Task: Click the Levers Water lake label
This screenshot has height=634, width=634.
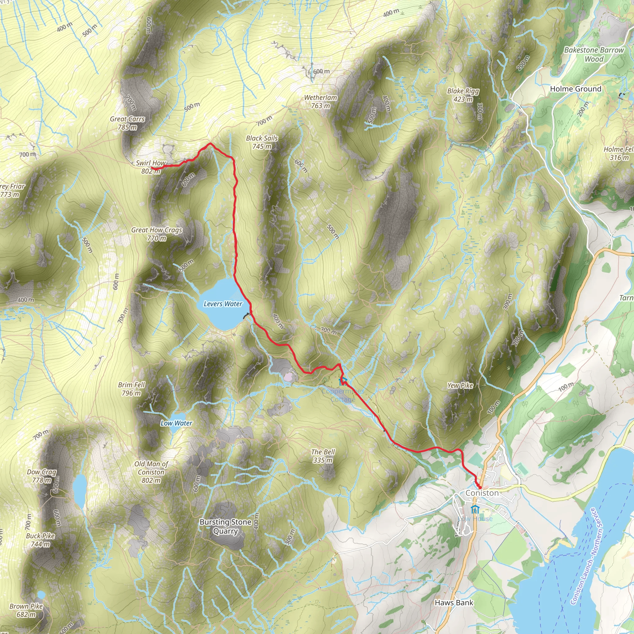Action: (223, 304)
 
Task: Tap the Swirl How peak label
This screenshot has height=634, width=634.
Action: (151, 167)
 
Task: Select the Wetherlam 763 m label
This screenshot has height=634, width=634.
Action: (320, 102)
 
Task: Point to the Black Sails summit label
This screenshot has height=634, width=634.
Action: (262, 142)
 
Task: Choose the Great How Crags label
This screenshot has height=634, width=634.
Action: (157, 234)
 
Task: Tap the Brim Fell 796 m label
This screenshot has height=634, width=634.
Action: (131, 389)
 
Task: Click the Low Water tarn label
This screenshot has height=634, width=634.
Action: (176, 423)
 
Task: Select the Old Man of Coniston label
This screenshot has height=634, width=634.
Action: (151, 472)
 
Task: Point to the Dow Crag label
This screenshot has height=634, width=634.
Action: (42, 476)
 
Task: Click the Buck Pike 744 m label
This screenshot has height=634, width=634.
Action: (40, 540)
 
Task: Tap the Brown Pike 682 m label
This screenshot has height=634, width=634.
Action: (26, 610)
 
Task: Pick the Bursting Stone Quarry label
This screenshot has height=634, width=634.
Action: (225, 526)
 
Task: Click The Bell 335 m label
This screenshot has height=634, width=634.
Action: (323, 456)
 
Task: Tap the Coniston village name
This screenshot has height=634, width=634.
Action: (482, 493)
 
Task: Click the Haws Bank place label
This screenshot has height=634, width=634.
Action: (454, 602)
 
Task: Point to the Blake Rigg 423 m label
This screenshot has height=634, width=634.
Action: (463, 95)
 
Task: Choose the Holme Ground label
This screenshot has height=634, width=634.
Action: (575, 89)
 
